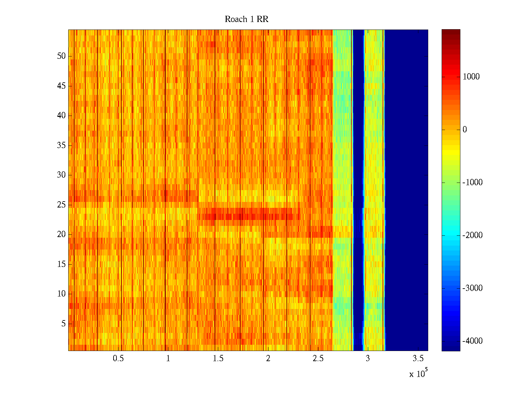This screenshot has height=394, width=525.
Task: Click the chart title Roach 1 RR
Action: click(x=246, y=19)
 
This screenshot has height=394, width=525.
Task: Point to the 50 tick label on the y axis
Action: click(x=61, y=56)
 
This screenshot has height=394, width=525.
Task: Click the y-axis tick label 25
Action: click(x=61, y=205)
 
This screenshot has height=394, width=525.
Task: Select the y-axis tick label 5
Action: click(x=63, y=324)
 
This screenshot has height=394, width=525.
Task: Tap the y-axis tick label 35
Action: click(x=61, y=145)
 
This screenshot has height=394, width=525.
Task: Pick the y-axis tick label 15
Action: click(x=61, y=264)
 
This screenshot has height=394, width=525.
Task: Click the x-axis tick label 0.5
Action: click(x=118, y=359)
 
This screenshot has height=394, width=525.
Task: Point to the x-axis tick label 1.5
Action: click(x=218, y=359)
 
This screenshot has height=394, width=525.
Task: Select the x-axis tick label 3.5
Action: click(x=418, y=359)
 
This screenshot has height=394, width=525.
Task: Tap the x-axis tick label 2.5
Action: click(x=318, y=359)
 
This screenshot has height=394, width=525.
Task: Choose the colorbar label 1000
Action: click(x=471, y=77)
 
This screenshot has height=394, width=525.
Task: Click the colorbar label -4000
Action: click(x=472, y=341)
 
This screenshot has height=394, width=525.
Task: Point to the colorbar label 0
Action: click(x=465, y=130)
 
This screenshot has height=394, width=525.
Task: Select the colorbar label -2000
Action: click(x=472, y=235)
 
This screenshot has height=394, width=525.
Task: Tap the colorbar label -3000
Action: click(x=472, y=288)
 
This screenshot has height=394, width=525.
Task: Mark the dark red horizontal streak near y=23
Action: click(x=249, y=216)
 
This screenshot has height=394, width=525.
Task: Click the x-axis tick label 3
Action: click(x=368, y=359)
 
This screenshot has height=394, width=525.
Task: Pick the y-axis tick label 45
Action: click(x=61, y=86)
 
